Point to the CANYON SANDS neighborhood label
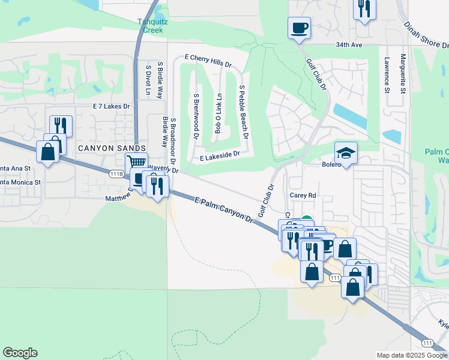tap(111, 148)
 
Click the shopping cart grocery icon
tap(136, 161)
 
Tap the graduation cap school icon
tap(346, 152)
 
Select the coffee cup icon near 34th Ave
tap(299, 27)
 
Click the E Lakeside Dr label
tap(220, 155)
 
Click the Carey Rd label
tap(303, 196)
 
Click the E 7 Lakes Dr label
tap(112, 106)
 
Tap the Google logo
tap(20, 353)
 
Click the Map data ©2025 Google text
tap(411, 355)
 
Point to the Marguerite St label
tap(403, 75)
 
